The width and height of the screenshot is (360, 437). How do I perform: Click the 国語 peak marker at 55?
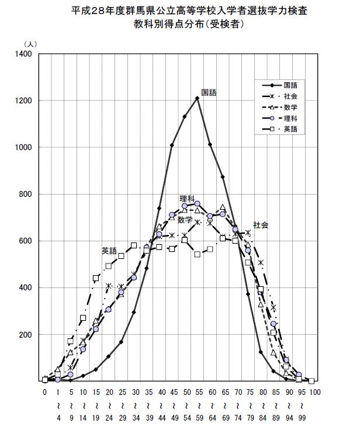point(197,98)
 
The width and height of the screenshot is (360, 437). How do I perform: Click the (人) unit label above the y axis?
point(30,44)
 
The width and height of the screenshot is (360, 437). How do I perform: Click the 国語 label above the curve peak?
point(209,92)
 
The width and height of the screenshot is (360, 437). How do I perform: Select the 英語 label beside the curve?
point(109,251)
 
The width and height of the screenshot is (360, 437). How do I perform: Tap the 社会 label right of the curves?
point(261,225)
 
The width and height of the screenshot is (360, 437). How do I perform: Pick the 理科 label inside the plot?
point(187,199)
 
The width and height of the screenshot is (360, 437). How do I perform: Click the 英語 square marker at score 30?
point(134,245)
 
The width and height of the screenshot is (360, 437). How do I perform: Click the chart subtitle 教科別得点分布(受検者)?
point(181,25)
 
